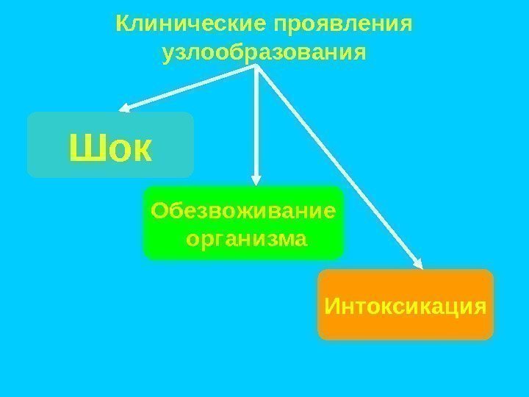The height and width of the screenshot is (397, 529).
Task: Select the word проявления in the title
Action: (x=342, y=25)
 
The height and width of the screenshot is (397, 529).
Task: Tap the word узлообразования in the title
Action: (x=264, y=53)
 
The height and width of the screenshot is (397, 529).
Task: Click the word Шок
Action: (x=110, y=149)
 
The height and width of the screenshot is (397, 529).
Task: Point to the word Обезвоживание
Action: (x=243, y=211)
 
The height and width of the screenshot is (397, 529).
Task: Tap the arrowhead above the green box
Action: (x=256, y=178)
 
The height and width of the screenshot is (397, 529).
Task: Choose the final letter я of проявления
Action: (x=407, y=26)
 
